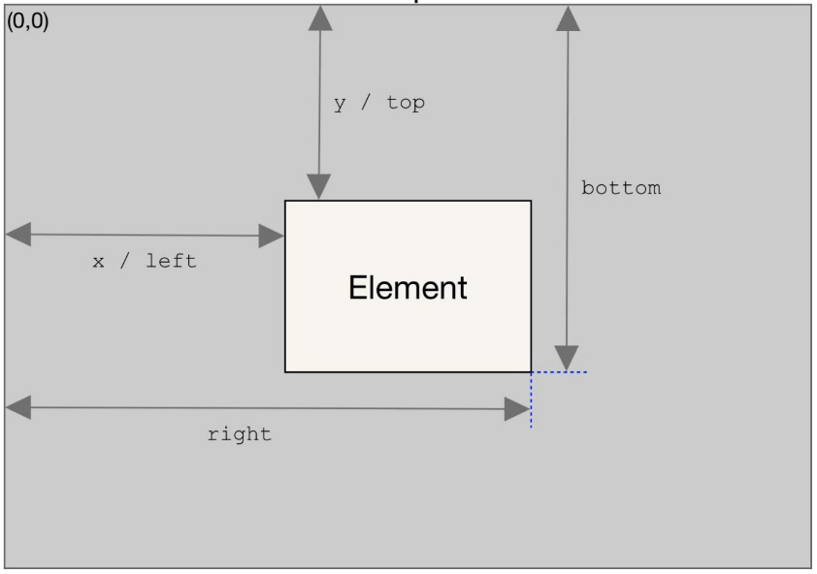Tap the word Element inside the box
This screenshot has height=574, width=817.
coord(408,288)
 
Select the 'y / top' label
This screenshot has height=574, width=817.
coord(379,103)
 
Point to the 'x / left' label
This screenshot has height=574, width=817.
coord(145,261)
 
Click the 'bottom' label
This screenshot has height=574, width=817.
coord(621,187)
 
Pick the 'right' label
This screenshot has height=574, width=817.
coord(239,433)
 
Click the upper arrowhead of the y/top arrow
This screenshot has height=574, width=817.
coord(320,18)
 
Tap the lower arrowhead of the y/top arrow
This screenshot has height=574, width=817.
coord(318,187)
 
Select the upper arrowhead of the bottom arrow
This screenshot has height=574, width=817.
coord(568,18)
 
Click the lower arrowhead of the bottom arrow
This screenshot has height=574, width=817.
coord(567,359)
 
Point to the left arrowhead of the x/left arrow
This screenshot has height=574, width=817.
coord(18,235)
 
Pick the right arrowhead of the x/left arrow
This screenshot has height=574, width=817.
coord(271,236)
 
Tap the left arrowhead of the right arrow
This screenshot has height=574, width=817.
coord(18,407)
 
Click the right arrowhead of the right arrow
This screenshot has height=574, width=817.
coord(517,409)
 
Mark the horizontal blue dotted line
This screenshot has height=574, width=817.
coord(560,372)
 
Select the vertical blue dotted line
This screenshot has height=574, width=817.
coord(531,400)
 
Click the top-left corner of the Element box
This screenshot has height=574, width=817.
coord(285,201)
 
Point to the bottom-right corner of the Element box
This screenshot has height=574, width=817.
coord(531,372)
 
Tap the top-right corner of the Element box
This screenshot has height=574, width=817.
coord(531,201)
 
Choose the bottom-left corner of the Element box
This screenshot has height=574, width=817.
coord(285,372)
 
